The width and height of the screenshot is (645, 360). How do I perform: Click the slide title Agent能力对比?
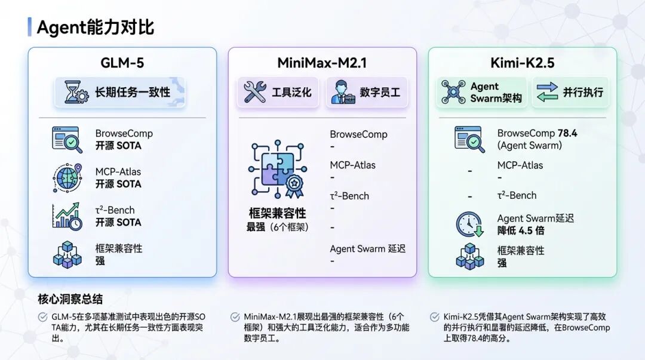pyautogui.click(x=96, y=27)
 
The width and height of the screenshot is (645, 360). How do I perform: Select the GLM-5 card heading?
pyautogui.click(x=122, y=63)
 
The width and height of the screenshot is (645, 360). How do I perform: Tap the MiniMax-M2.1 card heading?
pyautogui.click(x=322, y=63)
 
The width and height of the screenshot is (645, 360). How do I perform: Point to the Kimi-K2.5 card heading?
pyautogui.click(x=522, y=63)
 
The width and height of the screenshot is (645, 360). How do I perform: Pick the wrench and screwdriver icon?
pyautogui.click(x=254, y=92)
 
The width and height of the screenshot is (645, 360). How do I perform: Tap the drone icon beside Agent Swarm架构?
pyautogui.click(x=453, y=92)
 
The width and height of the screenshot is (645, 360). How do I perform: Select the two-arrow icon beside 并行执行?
pyautogui.click(x=547, y=92)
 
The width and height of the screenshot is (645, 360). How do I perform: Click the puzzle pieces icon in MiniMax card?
pyautogui.click(x=277, y=170)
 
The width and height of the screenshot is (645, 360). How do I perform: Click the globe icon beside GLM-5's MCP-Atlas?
pyautogui.click(x=66, y=178)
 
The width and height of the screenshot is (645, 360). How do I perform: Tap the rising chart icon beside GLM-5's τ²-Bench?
pyautogui.click(x=66, y=216)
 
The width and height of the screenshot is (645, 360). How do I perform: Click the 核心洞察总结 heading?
pyautogui.click(x=70, y=299)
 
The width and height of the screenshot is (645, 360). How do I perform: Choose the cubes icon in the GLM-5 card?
pyautogui.click(x=66, y=254)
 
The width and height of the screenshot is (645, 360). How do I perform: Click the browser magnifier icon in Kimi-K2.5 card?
pyautogui.click(x=469, y=140)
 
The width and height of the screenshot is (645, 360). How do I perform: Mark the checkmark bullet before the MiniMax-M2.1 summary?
pyautogui.click(x=234, y=317)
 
